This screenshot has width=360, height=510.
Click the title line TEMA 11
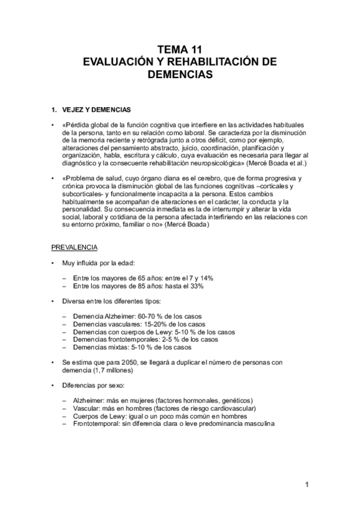pos(180,50)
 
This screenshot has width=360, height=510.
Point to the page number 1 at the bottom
pos(307,485)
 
